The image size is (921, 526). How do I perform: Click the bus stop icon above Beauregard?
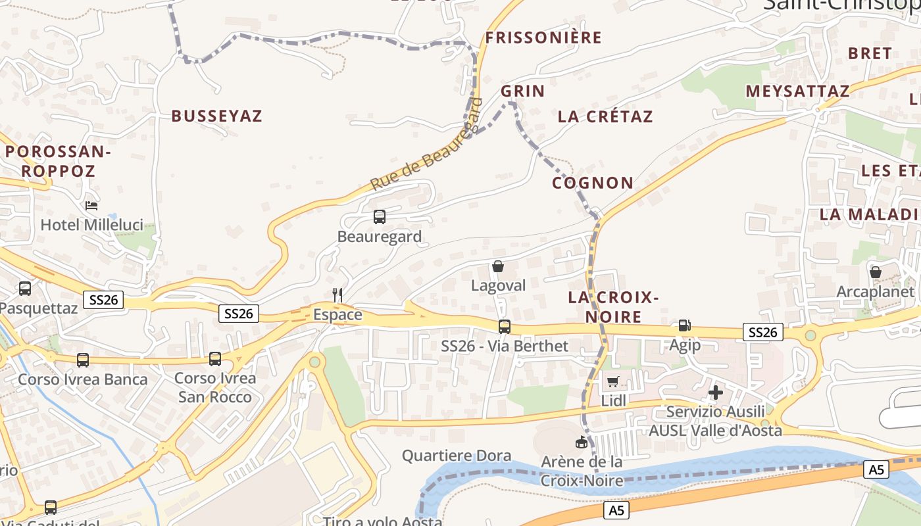(x=380, y=216)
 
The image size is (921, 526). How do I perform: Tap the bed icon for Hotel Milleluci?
(x=92, y=206)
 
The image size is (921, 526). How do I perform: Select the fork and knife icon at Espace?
(x=337, y=295)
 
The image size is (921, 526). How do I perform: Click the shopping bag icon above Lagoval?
(x=498, y=266)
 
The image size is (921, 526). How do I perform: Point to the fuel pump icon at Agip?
(x=684, y=325)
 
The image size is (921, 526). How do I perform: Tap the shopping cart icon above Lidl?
(x=613, y=381)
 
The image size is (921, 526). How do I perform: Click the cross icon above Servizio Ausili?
(x=716, y=393)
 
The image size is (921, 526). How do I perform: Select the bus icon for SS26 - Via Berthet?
(x=505, y=326)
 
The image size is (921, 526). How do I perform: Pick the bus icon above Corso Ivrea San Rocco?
(x=215, y=359)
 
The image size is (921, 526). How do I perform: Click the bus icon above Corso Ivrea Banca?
(x=83, y=360)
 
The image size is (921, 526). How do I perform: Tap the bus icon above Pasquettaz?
(x=25, y=288)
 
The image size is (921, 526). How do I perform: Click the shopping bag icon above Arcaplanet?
(x=876, y=272)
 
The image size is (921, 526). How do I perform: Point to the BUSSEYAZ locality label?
(x=217, y=116)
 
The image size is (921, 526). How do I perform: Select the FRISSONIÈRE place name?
(x=543, y=37)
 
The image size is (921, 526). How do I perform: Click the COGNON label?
(x=593, y=183)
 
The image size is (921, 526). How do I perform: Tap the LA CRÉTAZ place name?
(x=605, y=117)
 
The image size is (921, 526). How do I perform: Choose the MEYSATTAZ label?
(x=797, y=91)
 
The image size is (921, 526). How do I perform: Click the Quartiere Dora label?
(x=457, y=455)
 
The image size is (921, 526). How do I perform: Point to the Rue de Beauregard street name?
(x=426, y=145)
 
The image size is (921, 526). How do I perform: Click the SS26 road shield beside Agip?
(x=762, y=333)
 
